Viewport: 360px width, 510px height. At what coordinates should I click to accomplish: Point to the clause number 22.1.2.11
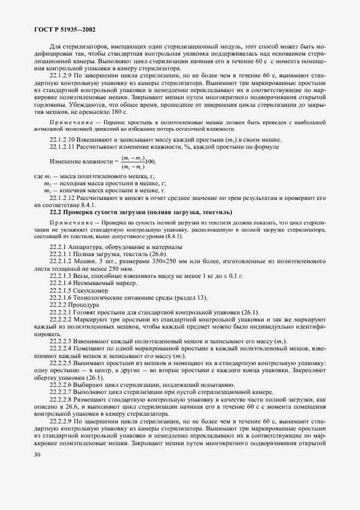(65, 147)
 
